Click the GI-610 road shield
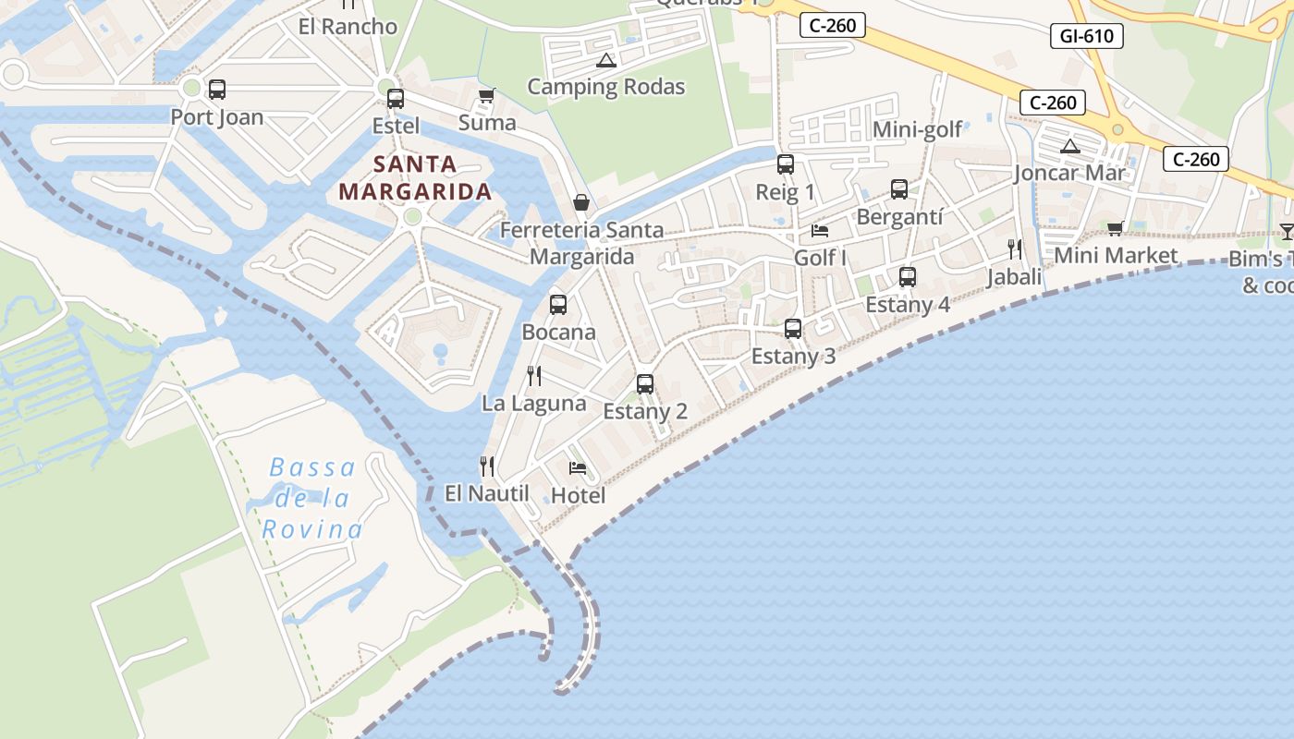click(x=1087, y=37)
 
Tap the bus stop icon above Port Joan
click(x=217, y=90)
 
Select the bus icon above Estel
click(x=396, y=98)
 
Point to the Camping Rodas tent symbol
click(x=606, y=61)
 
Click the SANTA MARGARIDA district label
click(x=415, y=178)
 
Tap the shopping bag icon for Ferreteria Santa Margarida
click(x=581, y=202)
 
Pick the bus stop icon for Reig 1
click(x=786, y=164)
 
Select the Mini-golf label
click(x=918, y=129)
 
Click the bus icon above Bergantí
click(x=899, y=189)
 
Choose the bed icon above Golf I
click(x=820, y=231)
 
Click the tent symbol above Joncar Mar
click(x=1070, y=146)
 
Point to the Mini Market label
click(x=1116, y=255)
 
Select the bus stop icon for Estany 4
click(x=908, y=277)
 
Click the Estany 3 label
click(x=793, y=357)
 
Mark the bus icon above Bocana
click(x=558, y=305)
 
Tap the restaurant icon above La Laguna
click(x=534, y=375)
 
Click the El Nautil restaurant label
click(x=486, y=493)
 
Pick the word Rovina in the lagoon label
click(x=312, y=529)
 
